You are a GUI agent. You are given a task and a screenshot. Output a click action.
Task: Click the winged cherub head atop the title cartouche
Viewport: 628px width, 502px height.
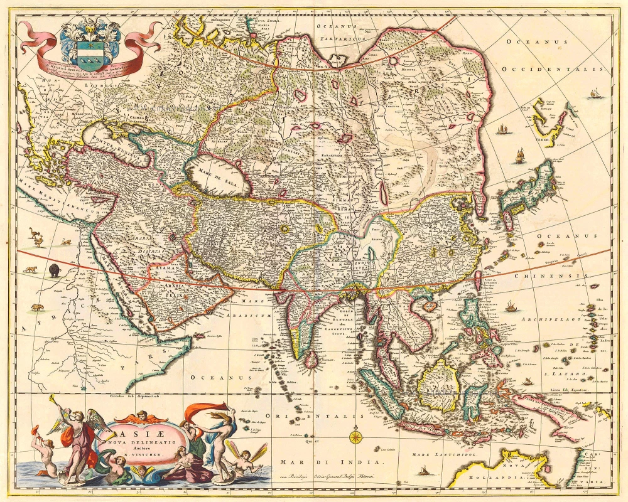[143, 415]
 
